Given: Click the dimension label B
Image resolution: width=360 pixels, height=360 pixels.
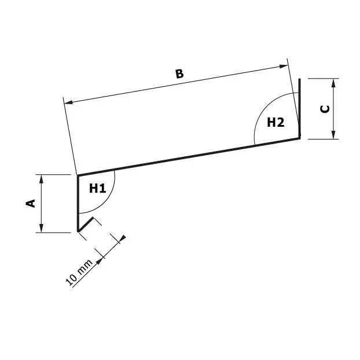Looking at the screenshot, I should (179, 74).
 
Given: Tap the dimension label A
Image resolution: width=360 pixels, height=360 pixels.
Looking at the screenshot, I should (31, 203).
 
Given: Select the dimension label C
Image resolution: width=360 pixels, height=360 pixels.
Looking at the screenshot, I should (325, 108).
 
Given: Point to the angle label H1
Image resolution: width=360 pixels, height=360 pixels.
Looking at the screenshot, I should (97, 188).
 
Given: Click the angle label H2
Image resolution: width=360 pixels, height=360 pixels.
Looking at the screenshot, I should (275, 122).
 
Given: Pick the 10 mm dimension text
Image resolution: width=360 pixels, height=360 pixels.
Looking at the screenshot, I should (80, 273).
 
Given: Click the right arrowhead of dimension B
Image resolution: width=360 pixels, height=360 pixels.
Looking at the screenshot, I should (284, 66).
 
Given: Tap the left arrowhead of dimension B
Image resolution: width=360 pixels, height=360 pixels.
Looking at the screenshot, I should (68, 102).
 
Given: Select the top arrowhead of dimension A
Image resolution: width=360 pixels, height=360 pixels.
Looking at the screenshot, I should (41, 179).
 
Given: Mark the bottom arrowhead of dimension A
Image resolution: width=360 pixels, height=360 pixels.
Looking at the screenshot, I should (41, 227).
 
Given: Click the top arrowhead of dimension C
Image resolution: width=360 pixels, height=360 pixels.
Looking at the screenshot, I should (334, 83).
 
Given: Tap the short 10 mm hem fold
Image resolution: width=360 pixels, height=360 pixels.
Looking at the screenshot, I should (85, 224).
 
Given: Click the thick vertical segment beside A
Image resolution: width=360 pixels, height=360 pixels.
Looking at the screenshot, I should (78, 203).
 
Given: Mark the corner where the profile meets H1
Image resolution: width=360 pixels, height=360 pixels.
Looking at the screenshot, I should (78, 175).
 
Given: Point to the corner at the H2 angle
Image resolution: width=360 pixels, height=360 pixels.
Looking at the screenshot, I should (300, 138).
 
